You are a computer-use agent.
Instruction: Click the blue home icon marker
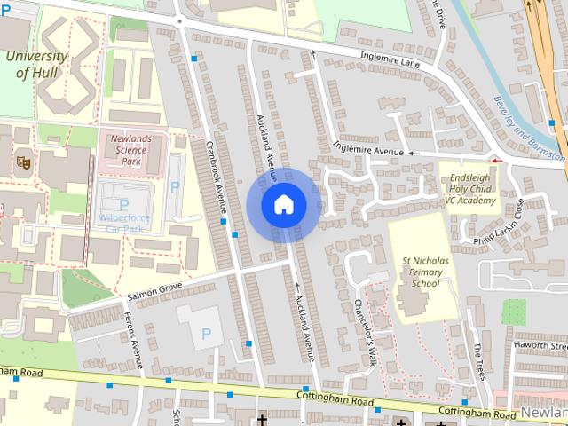click(283, 204)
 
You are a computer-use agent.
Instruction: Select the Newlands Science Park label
click(124, 150)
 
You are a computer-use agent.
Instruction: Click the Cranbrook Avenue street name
click(217, 179)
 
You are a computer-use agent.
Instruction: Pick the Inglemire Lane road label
click(390, 59)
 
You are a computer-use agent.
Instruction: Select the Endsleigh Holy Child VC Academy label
click(469, 189)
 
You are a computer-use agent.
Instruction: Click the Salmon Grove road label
click(154, 288)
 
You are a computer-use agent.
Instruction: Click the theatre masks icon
click(23, 162)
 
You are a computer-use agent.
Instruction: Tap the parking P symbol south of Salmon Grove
click(207, 334)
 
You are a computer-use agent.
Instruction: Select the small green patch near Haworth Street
click(514, 312)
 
